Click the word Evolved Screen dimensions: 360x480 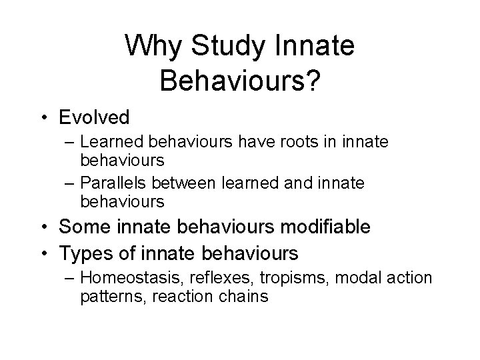(x=94, y=117)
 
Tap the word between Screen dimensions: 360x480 (x=204, y=183)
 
